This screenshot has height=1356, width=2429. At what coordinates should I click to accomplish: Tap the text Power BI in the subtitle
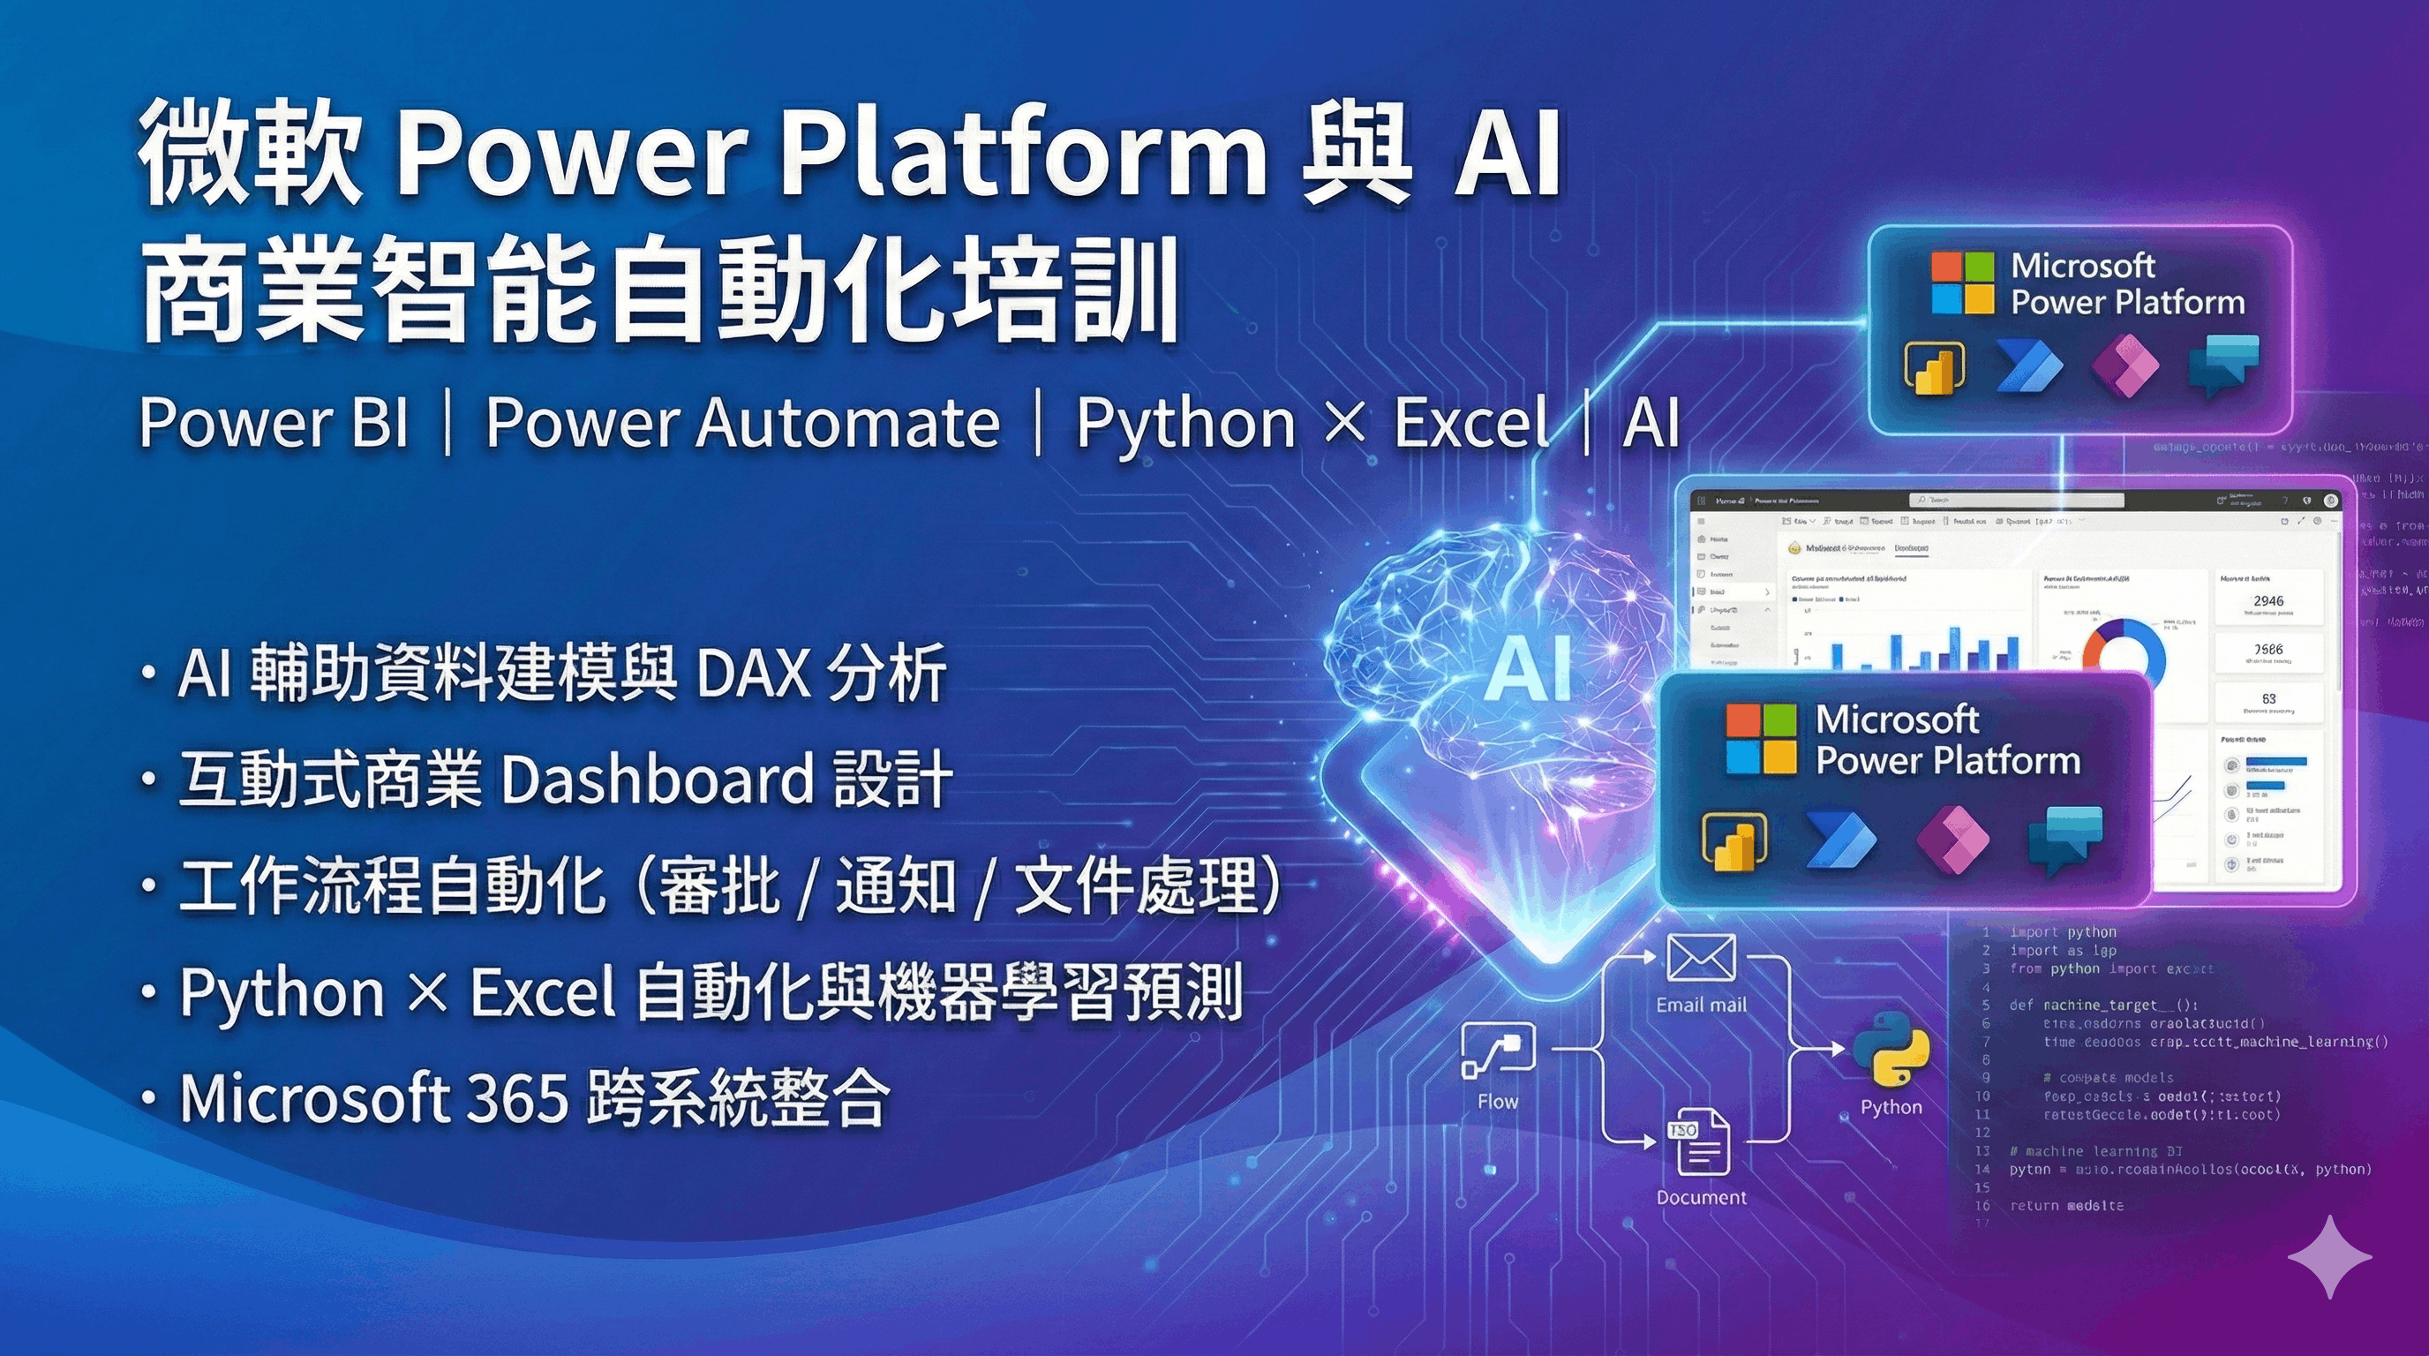[x=274, y=421]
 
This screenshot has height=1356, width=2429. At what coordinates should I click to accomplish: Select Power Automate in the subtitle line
[x=742, y=421]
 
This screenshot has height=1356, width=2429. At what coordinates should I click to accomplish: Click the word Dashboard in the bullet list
[x=658, y=779]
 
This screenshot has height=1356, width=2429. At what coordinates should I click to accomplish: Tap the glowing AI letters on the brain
[x=1529, y=668]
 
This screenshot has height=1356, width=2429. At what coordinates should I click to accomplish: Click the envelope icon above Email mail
[x=1700, y=958]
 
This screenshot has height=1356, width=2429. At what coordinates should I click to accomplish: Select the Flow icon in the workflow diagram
[x=1496, y=1051]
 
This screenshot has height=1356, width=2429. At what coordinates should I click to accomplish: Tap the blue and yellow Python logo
[x=1891, y=1050]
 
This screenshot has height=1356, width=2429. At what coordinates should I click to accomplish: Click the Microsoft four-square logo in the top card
[x=1962, y=282]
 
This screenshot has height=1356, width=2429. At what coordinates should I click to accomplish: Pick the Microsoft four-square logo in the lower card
[x=1761, y=739]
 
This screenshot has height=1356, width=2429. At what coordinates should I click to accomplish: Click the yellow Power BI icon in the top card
[x=1934, y=367]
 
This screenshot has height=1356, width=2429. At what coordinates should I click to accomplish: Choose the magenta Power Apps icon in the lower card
[x=1952, y=839]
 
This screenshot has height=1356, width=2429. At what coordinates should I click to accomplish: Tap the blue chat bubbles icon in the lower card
[x=2065, y=839]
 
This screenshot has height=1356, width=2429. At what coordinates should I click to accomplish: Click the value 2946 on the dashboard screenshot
[x=2267, y=600]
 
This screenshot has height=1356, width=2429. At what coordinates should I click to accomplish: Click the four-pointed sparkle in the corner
[x=2329, y=1257]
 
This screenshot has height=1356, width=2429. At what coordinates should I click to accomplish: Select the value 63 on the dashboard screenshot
[x=2267, y=698]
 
